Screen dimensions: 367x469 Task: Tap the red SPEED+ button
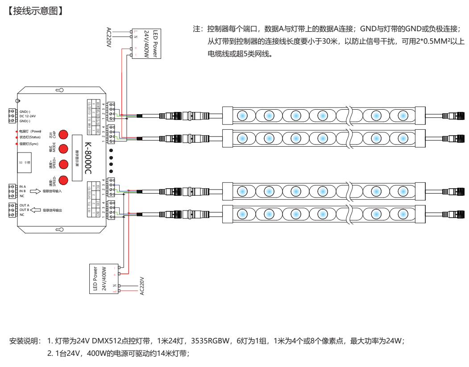pos(63,164)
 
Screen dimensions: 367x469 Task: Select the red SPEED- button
pos(63,180)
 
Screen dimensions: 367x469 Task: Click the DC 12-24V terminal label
pos(28,116)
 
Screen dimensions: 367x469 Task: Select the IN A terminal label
pos(23,186)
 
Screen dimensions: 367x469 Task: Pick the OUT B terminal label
pos(24,210)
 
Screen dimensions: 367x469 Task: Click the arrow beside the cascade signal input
pos(35,191)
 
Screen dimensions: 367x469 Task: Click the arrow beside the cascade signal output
pos(35,210)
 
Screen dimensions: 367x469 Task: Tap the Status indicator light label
pos(30,137)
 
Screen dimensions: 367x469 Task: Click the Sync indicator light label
pos(29,144)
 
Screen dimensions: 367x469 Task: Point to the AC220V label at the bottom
pos(142,286)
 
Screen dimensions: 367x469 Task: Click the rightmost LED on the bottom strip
pos(402,213)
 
